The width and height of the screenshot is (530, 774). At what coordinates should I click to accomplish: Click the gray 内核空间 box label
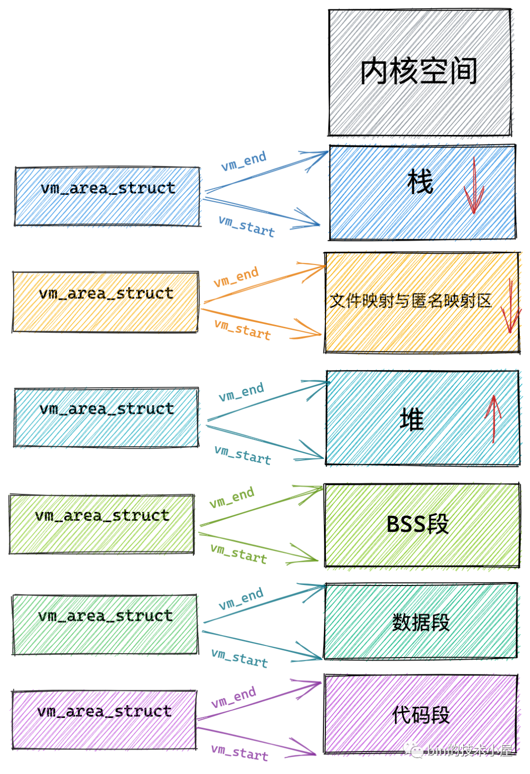point(419,72)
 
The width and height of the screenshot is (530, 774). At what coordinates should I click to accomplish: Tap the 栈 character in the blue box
point(420,182)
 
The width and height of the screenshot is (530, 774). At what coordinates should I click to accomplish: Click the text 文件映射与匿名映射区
point(410,300)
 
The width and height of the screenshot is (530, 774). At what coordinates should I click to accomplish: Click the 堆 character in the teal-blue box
point(411,420)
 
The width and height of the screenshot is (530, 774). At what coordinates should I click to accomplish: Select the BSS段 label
point(418,524)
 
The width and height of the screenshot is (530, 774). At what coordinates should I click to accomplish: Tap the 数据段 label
point(421,622)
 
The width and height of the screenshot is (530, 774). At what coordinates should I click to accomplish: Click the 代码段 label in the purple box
point(421,715)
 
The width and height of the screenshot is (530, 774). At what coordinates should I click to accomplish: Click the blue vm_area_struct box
point(107,197)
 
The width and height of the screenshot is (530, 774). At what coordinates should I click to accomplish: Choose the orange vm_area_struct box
point(106,302)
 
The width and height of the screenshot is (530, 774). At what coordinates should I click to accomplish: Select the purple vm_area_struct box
point(104,720)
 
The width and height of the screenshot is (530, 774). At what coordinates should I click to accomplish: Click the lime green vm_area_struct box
point(102,524)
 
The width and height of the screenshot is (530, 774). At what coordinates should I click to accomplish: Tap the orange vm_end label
point(236,277)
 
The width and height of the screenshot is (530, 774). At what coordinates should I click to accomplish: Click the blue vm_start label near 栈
point(246,226)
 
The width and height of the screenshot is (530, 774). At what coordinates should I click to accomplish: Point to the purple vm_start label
point(239,752)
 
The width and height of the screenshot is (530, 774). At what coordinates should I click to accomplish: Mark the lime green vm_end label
point(232,497)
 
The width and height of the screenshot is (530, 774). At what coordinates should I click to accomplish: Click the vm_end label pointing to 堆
point(241,392)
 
